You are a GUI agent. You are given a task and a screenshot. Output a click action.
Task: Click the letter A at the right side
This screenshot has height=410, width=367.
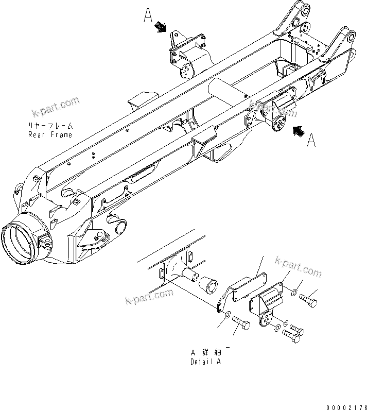click(x=311, y=140)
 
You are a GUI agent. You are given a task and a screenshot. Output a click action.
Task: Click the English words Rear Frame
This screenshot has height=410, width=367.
click(x=50, y=134)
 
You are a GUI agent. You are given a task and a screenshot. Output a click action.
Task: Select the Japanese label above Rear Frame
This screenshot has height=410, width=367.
click(x=51, y=126)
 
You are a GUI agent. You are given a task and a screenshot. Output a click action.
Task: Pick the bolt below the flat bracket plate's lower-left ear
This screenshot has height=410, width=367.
click(x=241, y=324)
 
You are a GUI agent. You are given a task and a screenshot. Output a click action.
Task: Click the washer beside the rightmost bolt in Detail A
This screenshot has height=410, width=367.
click(x=293, y=293)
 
